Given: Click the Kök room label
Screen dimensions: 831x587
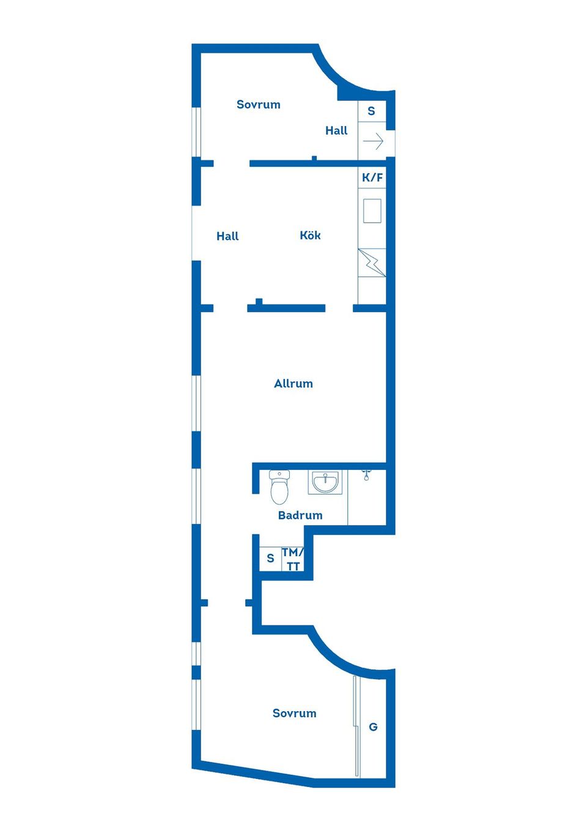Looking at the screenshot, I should pyautogui.click(x=310, y=236).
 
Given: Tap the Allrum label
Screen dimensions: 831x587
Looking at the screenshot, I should pyautogui.click(x=293, y=384).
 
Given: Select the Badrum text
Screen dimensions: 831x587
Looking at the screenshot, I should pyautogui.click(x=300, y=515).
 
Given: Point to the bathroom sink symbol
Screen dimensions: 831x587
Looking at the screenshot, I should pyautogui.click(x=325, y=482).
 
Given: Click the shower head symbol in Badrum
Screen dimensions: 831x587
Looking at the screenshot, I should pyautogui.click(x=366, y=474).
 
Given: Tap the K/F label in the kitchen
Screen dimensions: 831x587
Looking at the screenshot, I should pyautogui.click(x=372, y=177).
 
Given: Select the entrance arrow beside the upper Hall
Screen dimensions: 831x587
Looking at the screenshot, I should pyautogui.click(x=373, y=142).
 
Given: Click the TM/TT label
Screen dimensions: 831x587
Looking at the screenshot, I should pyautogui.click(x=293, y=559).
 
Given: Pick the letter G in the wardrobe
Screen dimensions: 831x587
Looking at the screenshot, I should pyautogui.click(x=373, y=727).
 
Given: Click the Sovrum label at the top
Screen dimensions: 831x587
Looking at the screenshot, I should pyautogui.click(x=259, y=105).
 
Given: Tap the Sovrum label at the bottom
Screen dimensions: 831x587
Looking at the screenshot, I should pyautogui.click(x=295, y=713).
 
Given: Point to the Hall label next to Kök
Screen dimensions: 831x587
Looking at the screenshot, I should pyautogui.click(x=227, y=236).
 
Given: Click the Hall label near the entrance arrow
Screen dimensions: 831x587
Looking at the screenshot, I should pyautogui.click(x=336, y=130).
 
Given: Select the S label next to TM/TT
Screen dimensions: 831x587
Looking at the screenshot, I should pyautogui.click(x=270, y=559).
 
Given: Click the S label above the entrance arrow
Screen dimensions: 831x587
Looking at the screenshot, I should pyautogui.click(x=371, y=111).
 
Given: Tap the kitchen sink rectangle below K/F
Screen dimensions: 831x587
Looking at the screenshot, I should pyautogui.click(x=372, y=211).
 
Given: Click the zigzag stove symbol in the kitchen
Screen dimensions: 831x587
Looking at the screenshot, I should pyautogui.click(x=372, y=263).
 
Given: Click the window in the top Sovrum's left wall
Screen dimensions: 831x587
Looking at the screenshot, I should pyautogui.click(x=196, y=132).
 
